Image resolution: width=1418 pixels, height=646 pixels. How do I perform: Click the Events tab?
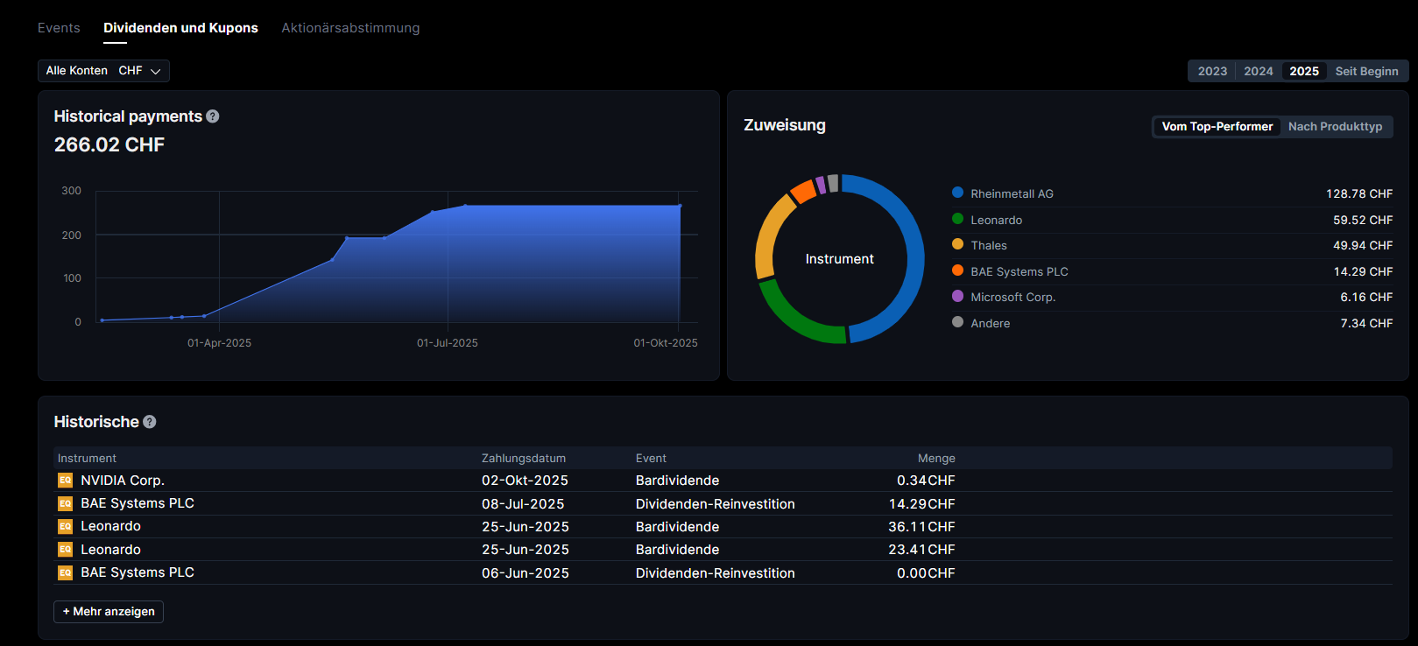click(x=59, y=28)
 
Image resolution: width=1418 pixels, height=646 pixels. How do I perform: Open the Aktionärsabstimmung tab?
click(x=350, y=28)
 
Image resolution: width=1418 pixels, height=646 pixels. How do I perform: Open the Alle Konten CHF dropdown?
click(x=103, y=71)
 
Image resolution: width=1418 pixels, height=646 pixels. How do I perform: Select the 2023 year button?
click(x=1212, y=71)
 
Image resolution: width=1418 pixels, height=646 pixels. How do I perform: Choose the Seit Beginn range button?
click(x=1366, y=71)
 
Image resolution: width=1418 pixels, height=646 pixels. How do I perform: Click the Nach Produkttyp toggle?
click(x=1335, y=127)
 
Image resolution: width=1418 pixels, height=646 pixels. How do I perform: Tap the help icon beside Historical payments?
click(x=213, y=116)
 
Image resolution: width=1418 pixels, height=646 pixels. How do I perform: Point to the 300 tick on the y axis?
click(x=72, y=191)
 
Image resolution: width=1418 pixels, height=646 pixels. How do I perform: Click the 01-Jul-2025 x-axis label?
click(x=448, y=343)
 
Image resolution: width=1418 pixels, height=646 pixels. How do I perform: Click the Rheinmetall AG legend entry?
click(x=1012, y=193)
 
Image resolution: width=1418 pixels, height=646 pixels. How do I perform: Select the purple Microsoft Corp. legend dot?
click(x=957, y=297)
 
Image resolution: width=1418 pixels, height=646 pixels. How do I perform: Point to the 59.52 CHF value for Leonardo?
click(x=1363, y=220)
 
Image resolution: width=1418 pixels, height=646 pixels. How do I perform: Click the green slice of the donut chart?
click(x=794, y=319)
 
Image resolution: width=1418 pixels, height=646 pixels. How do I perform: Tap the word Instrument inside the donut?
click(x=839, y=259)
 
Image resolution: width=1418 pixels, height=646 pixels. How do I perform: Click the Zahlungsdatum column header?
click(x=524, y=459)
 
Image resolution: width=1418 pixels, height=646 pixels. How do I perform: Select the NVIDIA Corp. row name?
click(x=123, y=481)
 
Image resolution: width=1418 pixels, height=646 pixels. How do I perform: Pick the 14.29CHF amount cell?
click(x=921, y=504)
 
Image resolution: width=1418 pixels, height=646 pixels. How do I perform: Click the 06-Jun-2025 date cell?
click(x=526, y=573)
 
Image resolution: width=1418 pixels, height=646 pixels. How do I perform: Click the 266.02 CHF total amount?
click(x=109, y=145)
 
